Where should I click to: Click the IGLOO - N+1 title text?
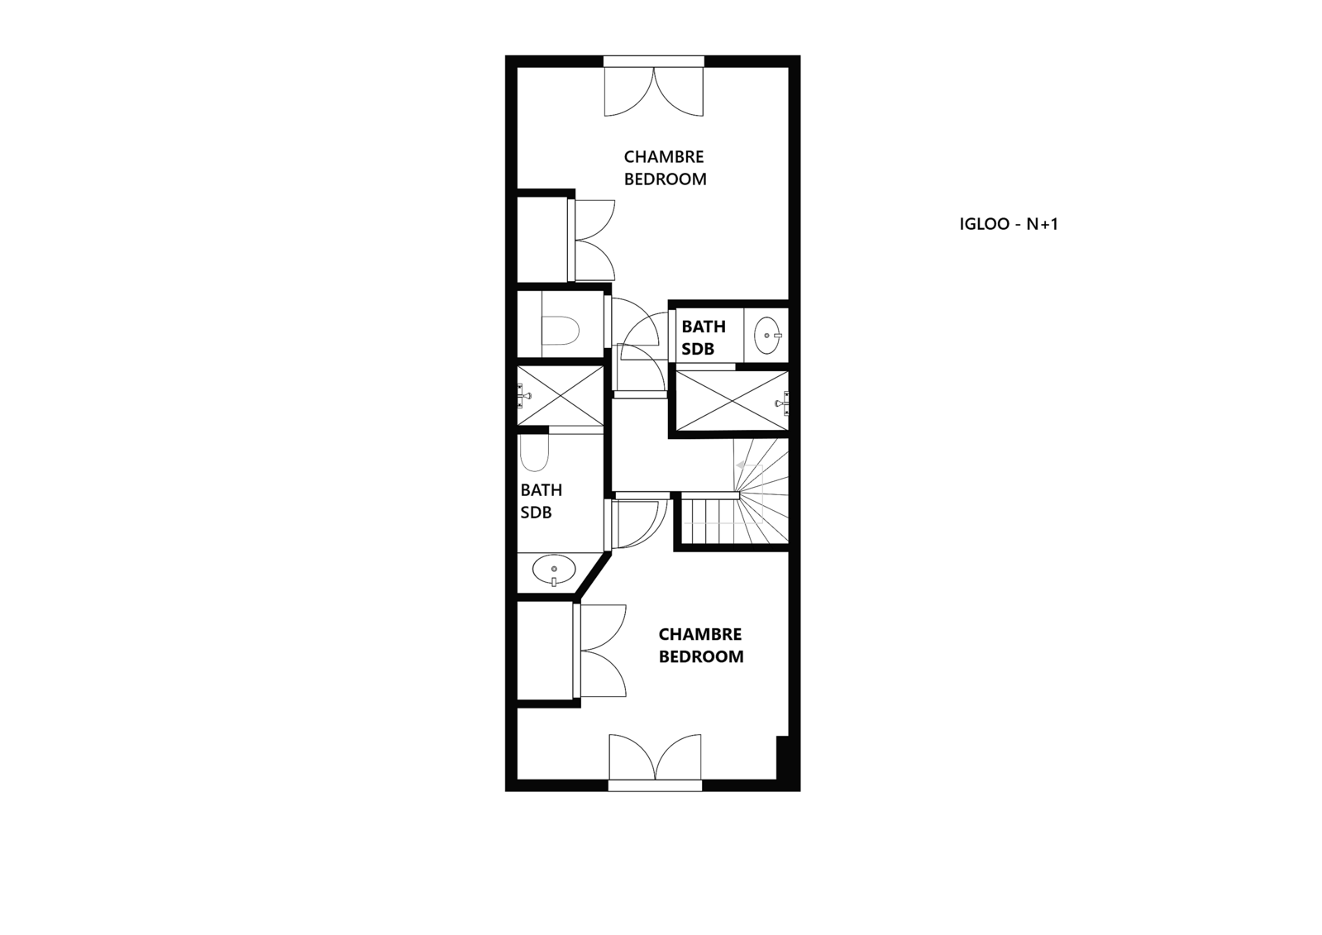(x=1009, y=224)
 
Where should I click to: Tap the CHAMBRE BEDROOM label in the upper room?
(x=665, y=168)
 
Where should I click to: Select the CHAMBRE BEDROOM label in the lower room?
(x=701, y=645)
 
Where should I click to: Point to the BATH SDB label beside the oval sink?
(x=704, y=337)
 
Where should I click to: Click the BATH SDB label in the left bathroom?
(x=542, y=501)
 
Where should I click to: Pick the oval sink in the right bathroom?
(x=768, y=336)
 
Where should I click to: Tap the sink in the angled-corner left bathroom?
(x=554, y=570)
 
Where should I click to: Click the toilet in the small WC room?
(x=561, y=331)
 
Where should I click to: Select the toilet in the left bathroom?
(x=534, y=453)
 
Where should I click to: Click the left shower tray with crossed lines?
(x=561, y=395)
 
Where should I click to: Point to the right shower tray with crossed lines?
(x=732, y=401)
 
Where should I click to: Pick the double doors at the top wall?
(x=654, y=92)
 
